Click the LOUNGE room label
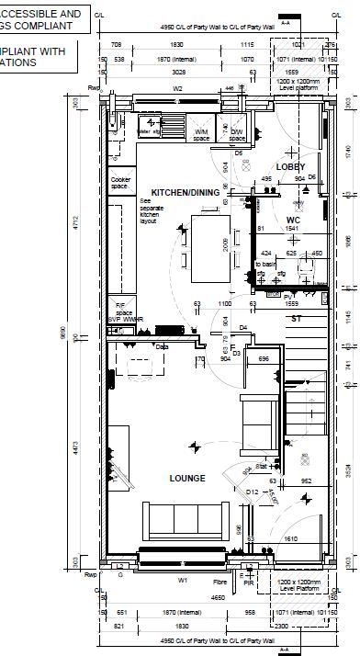click(186, 478)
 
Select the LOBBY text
click(290, 166)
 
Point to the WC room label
click(293, 220)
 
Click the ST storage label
click(296, 318)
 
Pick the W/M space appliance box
click(201, 134)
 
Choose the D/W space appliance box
click(237, 134)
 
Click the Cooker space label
click(120, 183)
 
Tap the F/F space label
click(119, 308)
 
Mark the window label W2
click(177, 89)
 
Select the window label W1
click(182, 580)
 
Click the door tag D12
click(252, 492)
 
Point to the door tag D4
click(243, 327)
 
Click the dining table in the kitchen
click(205, 248)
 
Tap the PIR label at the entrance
click(248, 581)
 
